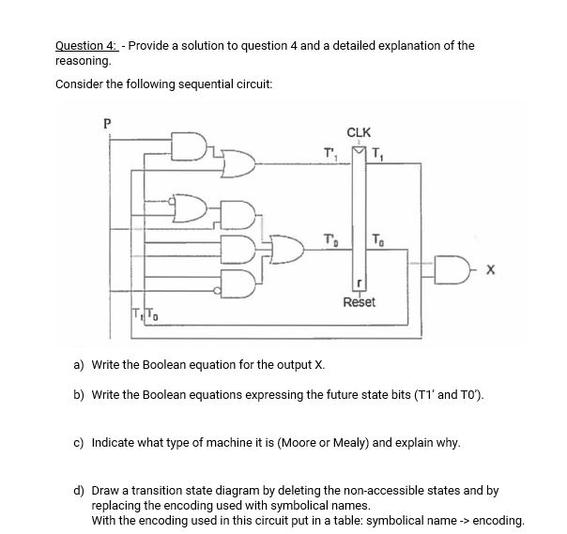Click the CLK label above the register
click(359, 132)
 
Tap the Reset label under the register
click(360, 302)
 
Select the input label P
click(106, 121)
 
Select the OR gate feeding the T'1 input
click(239, 165)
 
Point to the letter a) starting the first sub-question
click(79, 364)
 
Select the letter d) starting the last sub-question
click(79, 490)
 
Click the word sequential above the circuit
click(182, 84)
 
